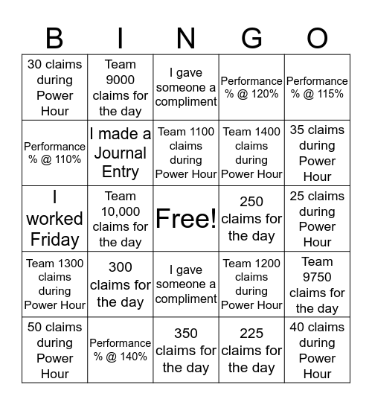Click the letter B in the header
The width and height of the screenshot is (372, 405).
(54, 37)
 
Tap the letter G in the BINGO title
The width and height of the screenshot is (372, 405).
(251, 37)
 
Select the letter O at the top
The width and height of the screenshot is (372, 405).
(317, 37)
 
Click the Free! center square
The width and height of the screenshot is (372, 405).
(186, 218)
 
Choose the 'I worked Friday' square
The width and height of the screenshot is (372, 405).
(54, 218)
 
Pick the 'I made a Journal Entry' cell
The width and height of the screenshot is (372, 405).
(120, 153)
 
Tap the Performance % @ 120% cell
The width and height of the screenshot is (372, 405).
(251, 87)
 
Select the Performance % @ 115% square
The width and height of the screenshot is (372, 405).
(317, 87)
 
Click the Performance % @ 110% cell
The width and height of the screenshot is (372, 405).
(54, 153)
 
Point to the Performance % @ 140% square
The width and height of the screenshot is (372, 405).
(120, 350)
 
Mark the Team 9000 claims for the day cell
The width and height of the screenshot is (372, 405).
(120, 87)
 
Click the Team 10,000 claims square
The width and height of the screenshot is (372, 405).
(120, 218)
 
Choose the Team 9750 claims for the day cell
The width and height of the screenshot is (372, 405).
(317, 284)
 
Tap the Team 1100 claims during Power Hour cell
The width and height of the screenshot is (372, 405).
(186, 153)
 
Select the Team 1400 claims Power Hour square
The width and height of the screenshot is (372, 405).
(251, 153)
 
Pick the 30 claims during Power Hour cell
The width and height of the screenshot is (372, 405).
(54, 87)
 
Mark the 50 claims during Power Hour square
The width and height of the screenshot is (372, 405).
(54, 350)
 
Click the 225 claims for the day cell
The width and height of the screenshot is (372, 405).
(251, 350)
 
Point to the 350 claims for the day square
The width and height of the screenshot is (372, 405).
(186, 350)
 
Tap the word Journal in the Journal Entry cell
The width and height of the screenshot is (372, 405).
(120, 153)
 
